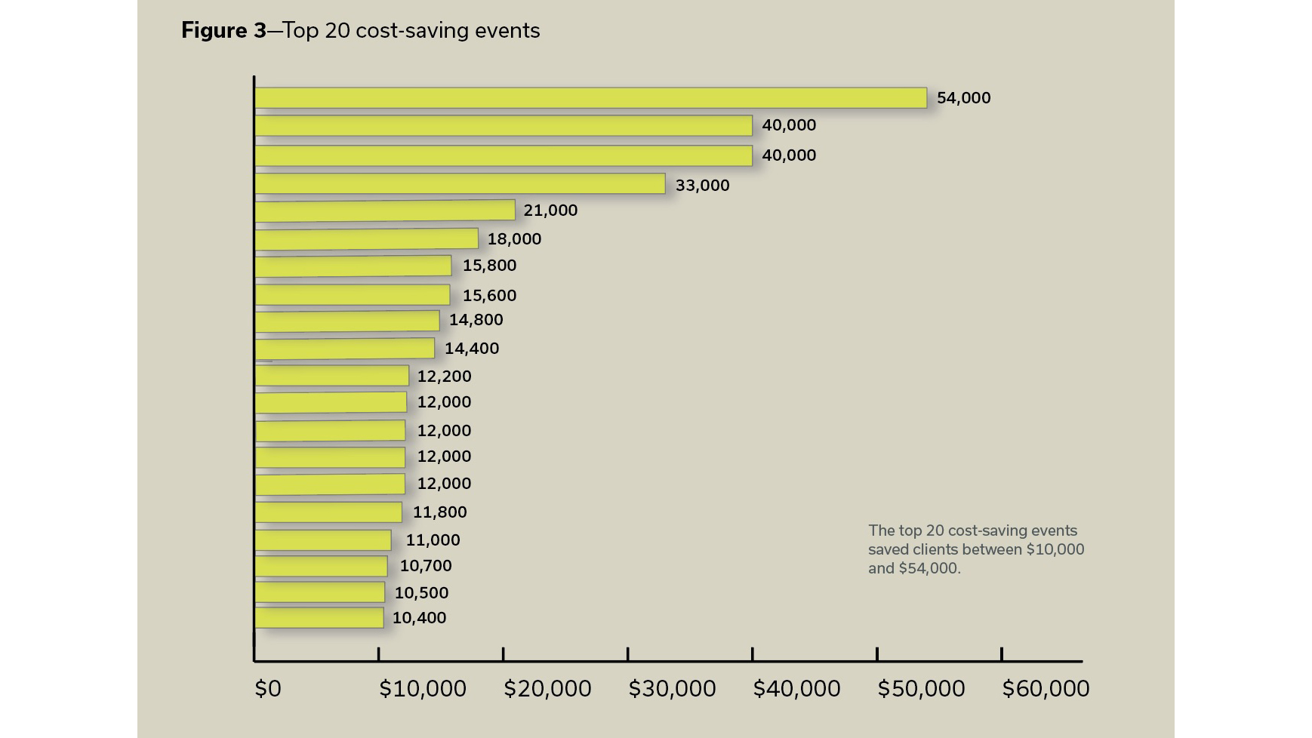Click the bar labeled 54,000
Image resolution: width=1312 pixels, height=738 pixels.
coord(590,98)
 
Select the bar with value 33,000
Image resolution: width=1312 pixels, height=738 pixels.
coord(460,184)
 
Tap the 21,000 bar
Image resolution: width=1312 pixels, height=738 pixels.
coord(385,211)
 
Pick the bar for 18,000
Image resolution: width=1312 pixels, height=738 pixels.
coord(366,239)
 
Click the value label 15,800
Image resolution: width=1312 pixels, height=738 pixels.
coord(489,266)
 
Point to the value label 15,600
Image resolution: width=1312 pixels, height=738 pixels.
coord(489,296)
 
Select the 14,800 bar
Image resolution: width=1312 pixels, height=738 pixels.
coord(347,321)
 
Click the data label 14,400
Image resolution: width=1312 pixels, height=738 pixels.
coord(471,349)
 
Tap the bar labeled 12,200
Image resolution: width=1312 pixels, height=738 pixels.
coord(331,376)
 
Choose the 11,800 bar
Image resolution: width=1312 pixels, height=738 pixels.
coord(328,512)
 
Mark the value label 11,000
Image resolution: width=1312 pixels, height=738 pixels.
coord(433,540)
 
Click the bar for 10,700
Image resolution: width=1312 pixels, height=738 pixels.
coord(321,566)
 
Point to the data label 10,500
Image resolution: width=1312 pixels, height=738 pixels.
coord(421,593)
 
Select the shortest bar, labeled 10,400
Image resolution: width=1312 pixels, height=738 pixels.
coord(319,618)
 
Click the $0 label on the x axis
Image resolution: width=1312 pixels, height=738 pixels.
coord(268,689)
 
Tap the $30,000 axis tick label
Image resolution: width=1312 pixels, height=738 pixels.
coord(672,689)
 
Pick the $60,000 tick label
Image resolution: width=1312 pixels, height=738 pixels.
coord(1046,689)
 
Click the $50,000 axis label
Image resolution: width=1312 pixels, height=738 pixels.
coord(921,689)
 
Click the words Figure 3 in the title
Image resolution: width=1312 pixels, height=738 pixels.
coord(223,31)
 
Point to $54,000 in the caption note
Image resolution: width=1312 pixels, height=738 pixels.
coord(929,568)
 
